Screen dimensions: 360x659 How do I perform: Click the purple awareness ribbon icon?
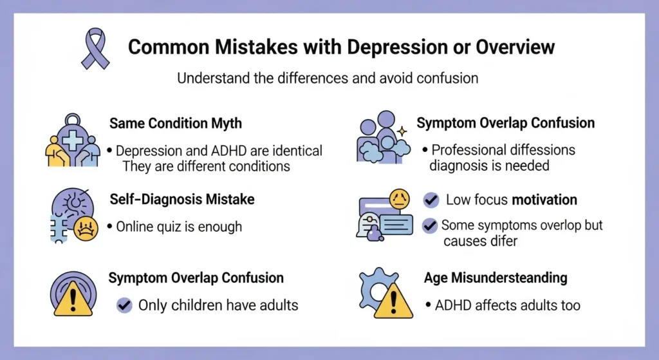point(95,48)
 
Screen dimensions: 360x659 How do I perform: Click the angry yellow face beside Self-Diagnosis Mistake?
point(84,229)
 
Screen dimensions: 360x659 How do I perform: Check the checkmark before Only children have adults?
point(124,305)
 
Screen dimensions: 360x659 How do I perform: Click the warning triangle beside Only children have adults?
point(73,301)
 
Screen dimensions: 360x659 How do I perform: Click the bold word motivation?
point(544,200)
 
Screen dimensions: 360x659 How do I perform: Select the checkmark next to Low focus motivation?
point(431,200)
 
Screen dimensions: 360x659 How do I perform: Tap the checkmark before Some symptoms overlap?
point(429,225)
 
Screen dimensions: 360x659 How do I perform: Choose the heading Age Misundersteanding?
point(496,278)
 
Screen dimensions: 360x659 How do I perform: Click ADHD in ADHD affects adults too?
point(454,305)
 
